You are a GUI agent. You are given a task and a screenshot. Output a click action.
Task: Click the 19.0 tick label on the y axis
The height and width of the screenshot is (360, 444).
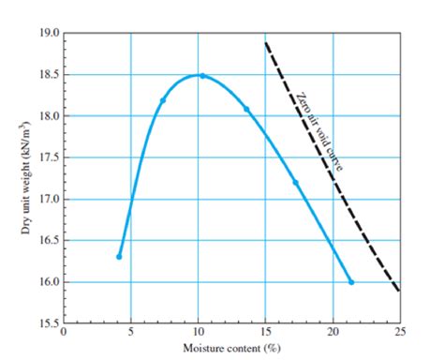[x=48, y=34]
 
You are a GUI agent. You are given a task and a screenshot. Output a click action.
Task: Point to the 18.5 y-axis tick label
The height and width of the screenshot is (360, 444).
[x=48, y=75]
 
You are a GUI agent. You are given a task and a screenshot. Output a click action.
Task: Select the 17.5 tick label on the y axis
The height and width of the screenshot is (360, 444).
[x=48, y=157]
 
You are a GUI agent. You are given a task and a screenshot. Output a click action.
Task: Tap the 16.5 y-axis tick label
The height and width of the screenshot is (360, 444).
[x=48, y=240]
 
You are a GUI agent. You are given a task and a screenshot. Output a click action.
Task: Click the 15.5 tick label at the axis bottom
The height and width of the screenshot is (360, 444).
[x=48, y=323]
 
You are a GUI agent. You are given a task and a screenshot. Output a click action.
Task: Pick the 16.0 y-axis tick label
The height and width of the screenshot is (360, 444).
[x=48, y=282]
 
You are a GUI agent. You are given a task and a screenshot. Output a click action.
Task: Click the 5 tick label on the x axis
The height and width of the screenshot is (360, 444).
[x=130, y=333]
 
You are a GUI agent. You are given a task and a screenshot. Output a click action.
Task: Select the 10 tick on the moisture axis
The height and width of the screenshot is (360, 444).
[x=198, y=333]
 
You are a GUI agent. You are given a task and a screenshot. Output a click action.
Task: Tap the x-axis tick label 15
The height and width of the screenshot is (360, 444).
[x=265, y=333]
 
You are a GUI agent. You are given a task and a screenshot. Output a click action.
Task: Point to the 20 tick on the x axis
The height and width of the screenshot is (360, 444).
[x=333, y=333]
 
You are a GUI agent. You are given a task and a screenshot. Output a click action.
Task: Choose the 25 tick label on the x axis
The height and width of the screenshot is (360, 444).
[x=400, y=333]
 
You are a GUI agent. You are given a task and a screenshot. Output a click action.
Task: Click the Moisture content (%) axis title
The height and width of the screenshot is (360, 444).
[x=231, y=347]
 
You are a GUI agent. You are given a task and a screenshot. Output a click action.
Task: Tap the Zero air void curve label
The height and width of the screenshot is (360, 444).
[x=318, y=131]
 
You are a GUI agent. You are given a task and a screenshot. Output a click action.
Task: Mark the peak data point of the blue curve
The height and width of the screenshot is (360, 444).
[x=201, y=76]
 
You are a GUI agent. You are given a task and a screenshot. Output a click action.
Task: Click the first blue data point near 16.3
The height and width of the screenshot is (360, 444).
[x=119, y=256]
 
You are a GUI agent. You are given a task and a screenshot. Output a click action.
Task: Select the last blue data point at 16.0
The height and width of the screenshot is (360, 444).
[x=351, y=282]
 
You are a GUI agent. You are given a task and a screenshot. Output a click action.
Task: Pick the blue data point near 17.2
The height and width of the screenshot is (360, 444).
[x=296, y=183]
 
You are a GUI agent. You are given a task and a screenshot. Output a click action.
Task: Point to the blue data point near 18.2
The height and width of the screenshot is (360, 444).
[x=163, y=100]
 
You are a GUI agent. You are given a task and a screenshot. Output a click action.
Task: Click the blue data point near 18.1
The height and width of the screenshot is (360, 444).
[x=247, y=110]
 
